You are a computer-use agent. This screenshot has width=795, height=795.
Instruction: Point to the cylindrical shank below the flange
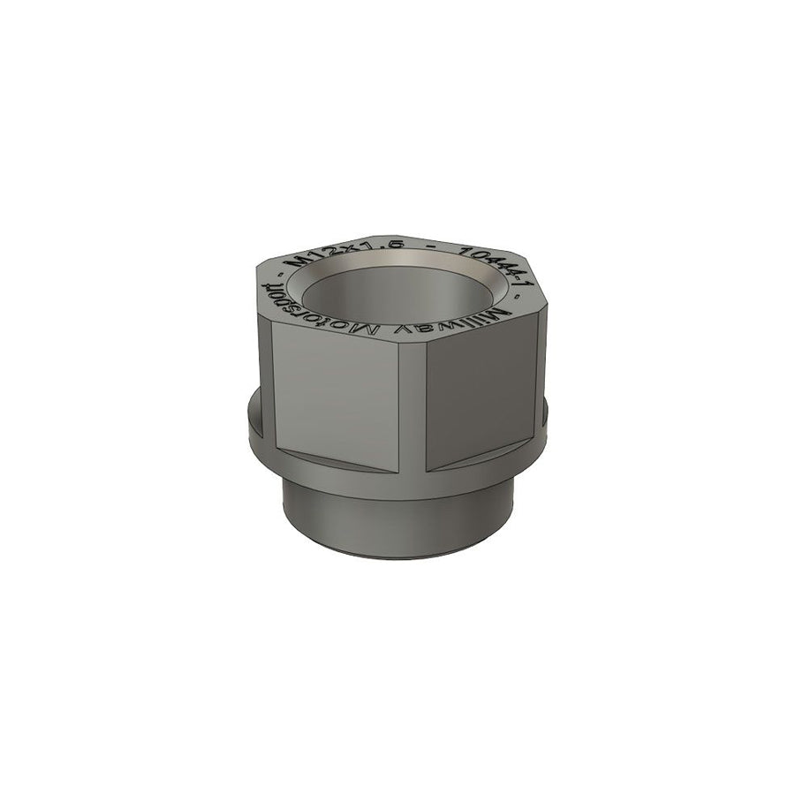[x=397, y=521]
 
